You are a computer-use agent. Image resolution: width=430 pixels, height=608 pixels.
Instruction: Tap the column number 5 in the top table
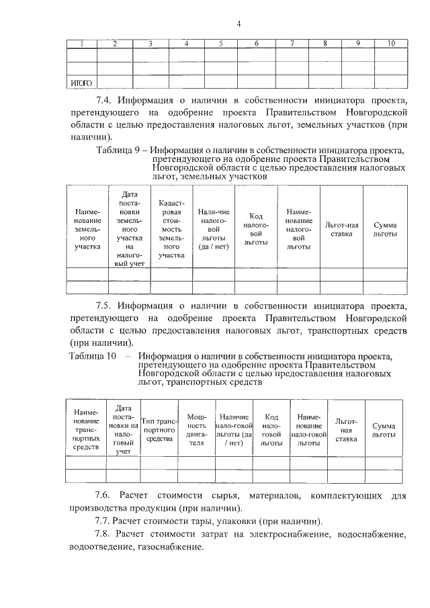pyautogui.click(x=221, y=44)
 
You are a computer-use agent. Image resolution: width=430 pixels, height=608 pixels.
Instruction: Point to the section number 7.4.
pyautogui.click(x=104, y=100)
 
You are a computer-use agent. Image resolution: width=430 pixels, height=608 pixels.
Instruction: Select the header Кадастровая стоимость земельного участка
pyautogui.click(x=171, y=228)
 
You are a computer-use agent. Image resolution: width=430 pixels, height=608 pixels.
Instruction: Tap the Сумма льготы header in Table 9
pyautogui.click(x=385, y=228)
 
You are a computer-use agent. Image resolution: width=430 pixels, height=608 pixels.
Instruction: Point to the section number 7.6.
pyautogui.click(x=104, y=495)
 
